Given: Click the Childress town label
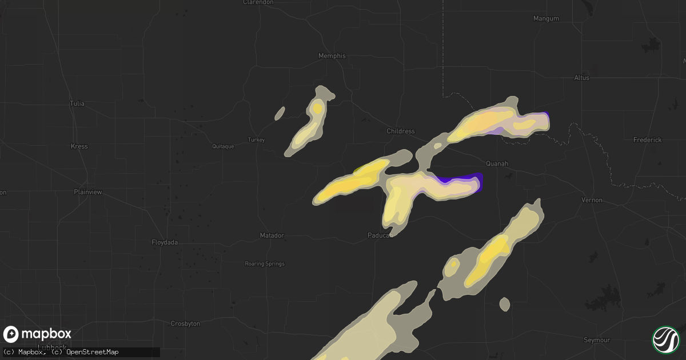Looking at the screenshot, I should pos(400,131).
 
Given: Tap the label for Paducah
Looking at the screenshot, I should pos(379,235).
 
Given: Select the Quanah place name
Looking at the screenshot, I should pos(496,163).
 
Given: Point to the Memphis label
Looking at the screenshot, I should pos(332,56).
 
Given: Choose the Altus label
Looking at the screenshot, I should pos(581,78).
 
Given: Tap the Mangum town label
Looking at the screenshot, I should pos(545,19).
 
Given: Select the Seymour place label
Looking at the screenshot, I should pos(597,340).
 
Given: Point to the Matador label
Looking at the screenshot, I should pos(272,235).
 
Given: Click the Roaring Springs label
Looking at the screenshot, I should pos(264,264).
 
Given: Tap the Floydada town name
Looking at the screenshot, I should pos(165,242).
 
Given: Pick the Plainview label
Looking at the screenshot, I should pos(88,192).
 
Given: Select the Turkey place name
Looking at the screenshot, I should pos(256,140).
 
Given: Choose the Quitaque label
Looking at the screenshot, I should pos(223,146).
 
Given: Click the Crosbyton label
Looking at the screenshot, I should pos(185,324).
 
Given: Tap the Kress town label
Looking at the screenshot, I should pos(79,146).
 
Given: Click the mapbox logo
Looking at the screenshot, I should pos(37,334).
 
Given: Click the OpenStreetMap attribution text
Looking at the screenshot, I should pos(93,351).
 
